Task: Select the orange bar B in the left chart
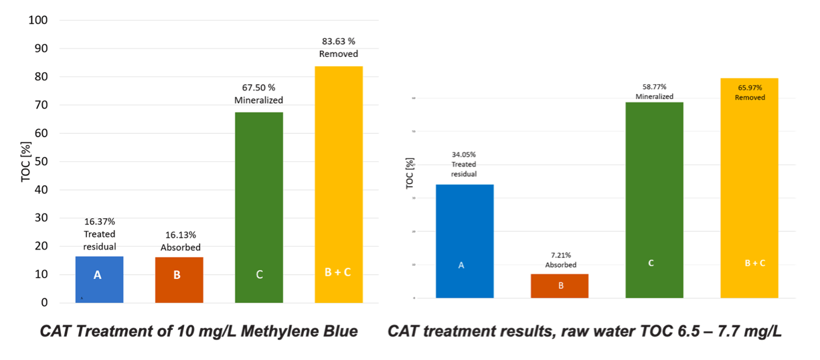pyautogui.click(x=179, y=280)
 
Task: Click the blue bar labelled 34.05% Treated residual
pyautogui.click(x=465, y=241)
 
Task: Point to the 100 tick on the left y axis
pyautogui.click(x=38, y=20)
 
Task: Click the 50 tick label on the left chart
pyautogui.click(x=42, y=161)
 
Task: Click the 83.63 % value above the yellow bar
pyautogui.click(x=338, y=41)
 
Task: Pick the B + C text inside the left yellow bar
pyautogui.click(x=338, y=274)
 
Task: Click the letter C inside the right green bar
pyautogui.click(x=651, y=263)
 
